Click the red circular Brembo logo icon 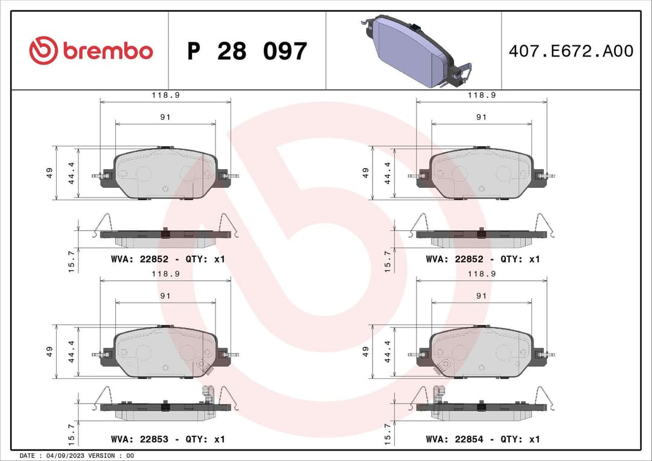[x=43, y=51]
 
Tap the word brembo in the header [x=107, y=51]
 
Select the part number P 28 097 [x=247, y=51]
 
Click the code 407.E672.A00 [x=570, y=51]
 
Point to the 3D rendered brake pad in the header [x=415, y=51]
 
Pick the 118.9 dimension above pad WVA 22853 [x=165, y=274]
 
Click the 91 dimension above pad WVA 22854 [x=481, y=296]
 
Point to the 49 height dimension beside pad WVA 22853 [x=50, y=351]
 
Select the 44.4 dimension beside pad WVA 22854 [x=387, y=351]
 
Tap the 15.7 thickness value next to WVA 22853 [x=71, y=433]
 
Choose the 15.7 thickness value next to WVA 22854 [x=387, y=433]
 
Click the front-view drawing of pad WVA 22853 [x=165, y=353]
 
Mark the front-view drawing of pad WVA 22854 [x=481, y=353]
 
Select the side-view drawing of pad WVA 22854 [x=481, y=408]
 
